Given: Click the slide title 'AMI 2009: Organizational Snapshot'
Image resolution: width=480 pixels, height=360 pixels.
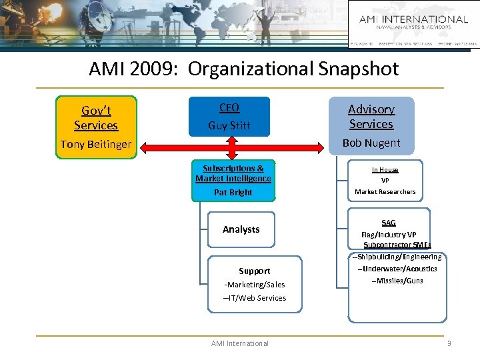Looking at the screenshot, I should pyautogui.click(x=244, y=69).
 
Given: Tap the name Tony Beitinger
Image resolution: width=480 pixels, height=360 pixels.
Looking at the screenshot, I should pyautogui.click(x=96, y=144).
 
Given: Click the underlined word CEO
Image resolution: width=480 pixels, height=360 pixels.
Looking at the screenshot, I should pyautogui.click(x=229, y=108).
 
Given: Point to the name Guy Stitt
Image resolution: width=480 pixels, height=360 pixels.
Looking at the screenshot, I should pyautogui.click(x=229, y=125).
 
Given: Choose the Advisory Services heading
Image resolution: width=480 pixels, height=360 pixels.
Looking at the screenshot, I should pyautogui.click(x=371, y=117).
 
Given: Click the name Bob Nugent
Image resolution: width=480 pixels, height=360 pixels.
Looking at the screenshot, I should pyautogui.click(x=371, y=143).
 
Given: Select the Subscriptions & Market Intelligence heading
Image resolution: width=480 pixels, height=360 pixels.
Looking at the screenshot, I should pyautogui.click(x=233, y=173).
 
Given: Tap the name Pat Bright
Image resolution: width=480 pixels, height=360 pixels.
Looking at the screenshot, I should pyautogui.click(x=233, y=192).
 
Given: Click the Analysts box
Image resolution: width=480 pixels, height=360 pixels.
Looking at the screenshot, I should pyautogui.click(x=241, y=229).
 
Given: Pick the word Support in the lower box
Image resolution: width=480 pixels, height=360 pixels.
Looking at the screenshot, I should pyautogui.click(x=255, y=271).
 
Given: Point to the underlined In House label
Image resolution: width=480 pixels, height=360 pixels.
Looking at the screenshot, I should pyautogui.click(x=385, y=170).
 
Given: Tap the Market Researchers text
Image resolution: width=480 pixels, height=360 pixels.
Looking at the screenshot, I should pyautogui.click(x=385, y=191).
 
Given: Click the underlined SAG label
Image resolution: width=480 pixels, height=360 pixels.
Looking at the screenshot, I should pyautogui.click(x=389, y=223).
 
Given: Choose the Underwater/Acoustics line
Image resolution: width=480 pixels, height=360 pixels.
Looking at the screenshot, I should pyautogui.click(x=397, y=269).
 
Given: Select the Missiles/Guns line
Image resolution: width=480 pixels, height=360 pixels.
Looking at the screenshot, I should pyautogui.click(x=397, y=281).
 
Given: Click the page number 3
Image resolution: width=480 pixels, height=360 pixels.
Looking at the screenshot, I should pyautogui.click(x=449, y=343).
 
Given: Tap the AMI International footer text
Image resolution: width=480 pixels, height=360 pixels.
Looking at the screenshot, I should pyautogui.click(x=240, y=343).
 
